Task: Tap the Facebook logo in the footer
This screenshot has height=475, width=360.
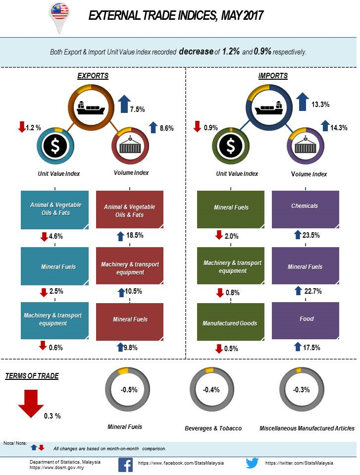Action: click(125, 464)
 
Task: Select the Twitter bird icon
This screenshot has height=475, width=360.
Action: click(253, 464)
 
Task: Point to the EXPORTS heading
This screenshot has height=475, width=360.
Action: click(93, 76)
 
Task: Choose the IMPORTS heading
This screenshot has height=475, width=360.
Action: click(273, 76)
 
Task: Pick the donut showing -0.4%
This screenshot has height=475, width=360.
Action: click(211, 390)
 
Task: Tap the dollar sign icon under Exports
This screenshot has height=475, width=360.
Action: click(55, 146)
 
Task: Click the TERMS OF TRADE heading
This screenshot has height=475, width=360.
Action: click(32, 376)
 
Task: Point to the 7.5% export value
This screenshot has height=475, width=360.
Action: click(138, 109)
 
